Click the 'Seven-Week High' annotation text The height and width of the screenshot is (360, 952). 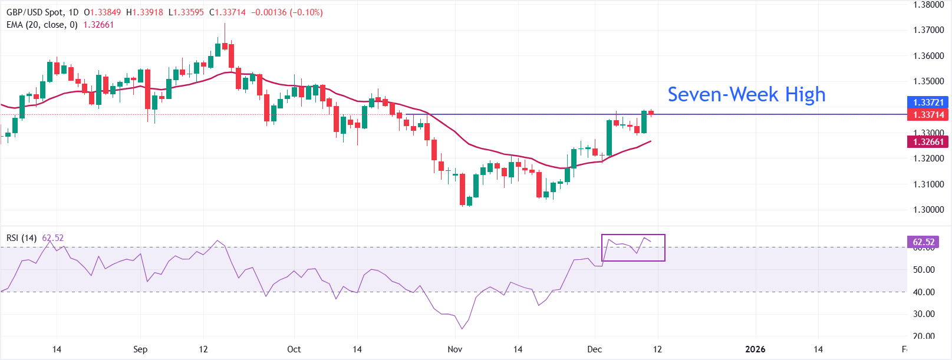click(746, 94)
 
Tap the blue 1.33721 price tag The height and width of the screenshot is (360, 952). click(928, 103)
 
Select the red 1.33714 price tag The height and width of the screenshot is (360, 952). click(928, 115)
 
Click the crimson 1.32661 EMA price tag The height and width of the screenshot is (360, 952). click(928, 141)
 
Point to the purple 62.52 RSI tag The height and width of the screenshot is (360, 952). click(924, 242)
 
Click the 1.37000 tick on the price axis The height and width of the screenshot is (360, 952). click(928, 30)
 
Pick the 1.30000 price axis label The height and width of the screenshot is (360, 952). click(928, 210)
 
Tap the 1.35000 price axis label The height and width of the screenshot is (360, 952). click(928, 81)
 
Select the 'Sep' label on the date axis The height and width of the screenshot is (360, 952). click(140, 349)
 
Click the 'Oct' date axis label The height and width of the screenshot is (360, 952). click(294, 349)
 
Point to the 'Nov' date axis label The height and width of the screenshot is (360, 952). click(454, 349)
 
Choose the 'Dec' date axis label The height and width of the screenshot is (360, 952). click(594, 349)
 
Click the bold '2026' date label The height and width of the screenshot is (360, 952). click(755, 349)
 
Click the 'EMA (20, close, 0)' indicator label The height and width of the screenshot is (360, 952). click(42, 25)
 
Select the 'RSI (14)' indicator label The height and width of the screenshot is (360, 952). click(22, 238)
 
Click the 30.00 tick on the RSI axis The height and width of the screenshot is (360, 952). click(924, 314)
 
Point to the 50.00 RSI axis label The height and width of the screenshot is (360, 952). click(924, 270)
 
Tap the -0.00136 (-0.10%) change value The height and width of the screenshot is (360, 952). click(287, 12)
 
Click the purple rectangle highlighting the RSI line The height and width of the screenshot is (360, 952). click(633, 247)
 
